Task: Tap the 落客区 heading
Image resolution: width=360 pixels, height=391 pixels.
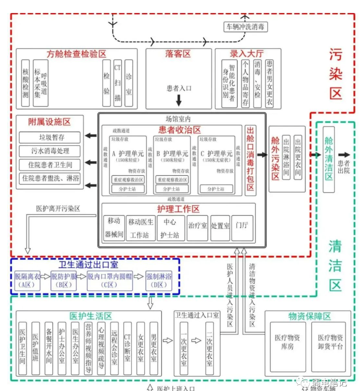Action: click(x=178, y=54)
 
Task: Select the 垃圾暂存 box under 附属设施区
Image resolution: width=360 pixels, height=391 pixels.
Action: click(x=50, y=137)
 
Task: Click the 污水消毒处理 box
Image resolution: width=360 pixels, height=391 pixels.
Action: click(x=50, y=151)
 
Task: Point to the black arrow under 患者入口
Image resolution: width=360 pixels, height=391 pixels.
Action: click(x=178, y=100)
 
